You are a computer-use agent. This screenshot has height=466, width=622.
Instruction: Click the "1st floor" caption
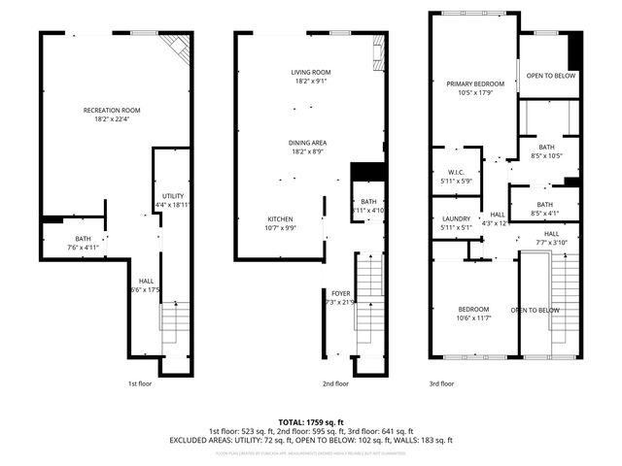tap(140, 383)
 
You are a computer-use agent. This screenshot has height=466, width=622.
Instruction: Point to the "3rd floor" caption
tap(441, 383)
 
